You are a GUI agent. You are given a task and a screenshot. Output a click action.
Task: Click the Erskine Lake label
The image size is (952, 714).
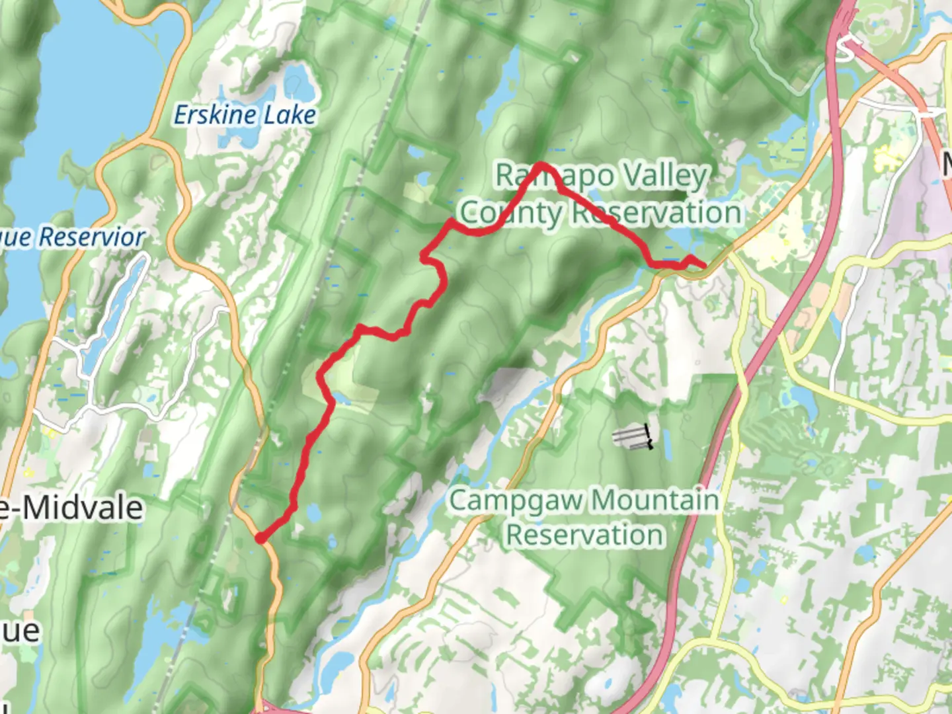pyautogui.click(x=245, y=115)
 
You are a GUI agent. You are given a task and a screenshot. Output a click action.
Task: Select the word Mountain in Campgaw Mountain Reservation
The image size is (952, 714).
pyautogui.click(x=652, y=500)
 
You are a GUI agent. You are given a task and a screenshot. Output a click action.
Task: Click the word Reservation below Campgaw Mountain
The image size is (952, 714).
pyautogui.click(x=585, y=535)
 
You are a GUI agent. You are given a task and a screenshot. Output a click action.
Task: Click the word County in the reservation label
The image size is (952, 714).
pyautogui.click(x=511, y=213)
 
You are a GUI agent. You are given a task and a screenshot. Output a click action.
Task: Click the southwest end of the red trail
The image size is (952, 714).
pyautogui.click(x=262, y=539)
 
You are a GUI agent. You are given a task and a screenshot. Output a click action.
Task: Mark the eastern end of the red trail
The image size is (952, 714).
pyautogui.click(x=703, y=266)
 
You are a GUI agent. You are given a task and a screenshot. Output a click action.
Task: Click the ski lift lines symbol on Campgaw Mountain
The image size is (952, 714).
pyautogui.click(x=633, y=437)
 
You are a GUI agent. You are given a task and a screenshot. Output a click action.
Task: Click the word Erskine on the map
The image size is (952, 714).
pyautogui.click(x=214, y=115)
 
